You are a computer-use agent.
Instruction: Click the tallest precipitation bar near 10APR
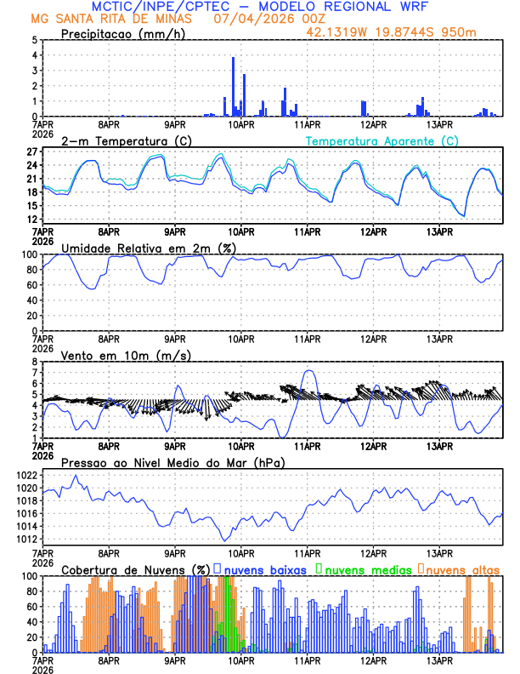(234, 85)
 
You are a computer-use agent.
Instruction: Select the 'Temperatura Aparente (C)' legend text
(382, 140)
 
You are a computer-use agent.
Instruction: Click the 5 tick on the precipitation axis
(33, 39)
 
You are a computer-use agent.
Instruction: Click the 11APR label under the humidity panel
(307, 338)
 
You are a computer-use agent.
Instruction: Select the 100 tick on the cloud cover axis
(27, 575)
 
